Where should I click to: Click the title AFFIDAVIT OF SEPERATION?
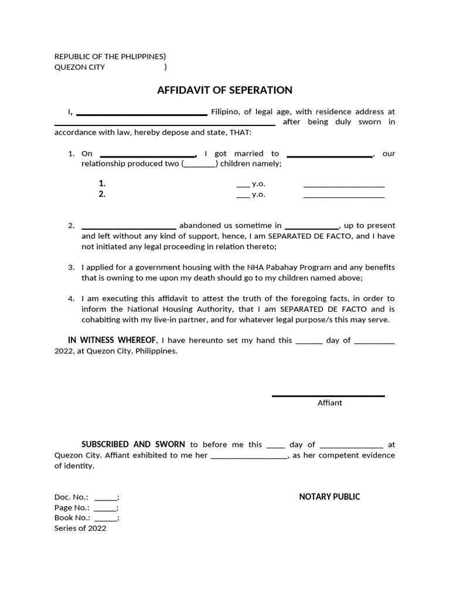[x=224, y=90]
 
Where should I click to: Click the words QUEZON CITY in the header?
[x=80, y=67]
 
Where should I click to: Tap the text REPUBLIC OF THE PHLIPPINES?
[x=109, y=56]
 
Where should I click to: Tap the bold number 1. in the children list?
[x=102, y=183]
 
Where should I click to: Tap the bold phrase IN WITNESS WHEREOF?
[x=112, y=340]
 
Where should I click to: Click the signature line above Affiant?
[x=328, y=396]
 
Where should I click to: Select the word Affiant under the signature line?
[x=330, y=403]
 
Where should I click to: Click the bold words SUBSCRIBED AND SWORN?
[x=134, y=445]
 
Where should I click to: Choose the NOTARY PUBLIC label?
[x=329, y=497]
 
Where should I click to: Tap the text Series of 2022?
[x=80, y=528]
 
